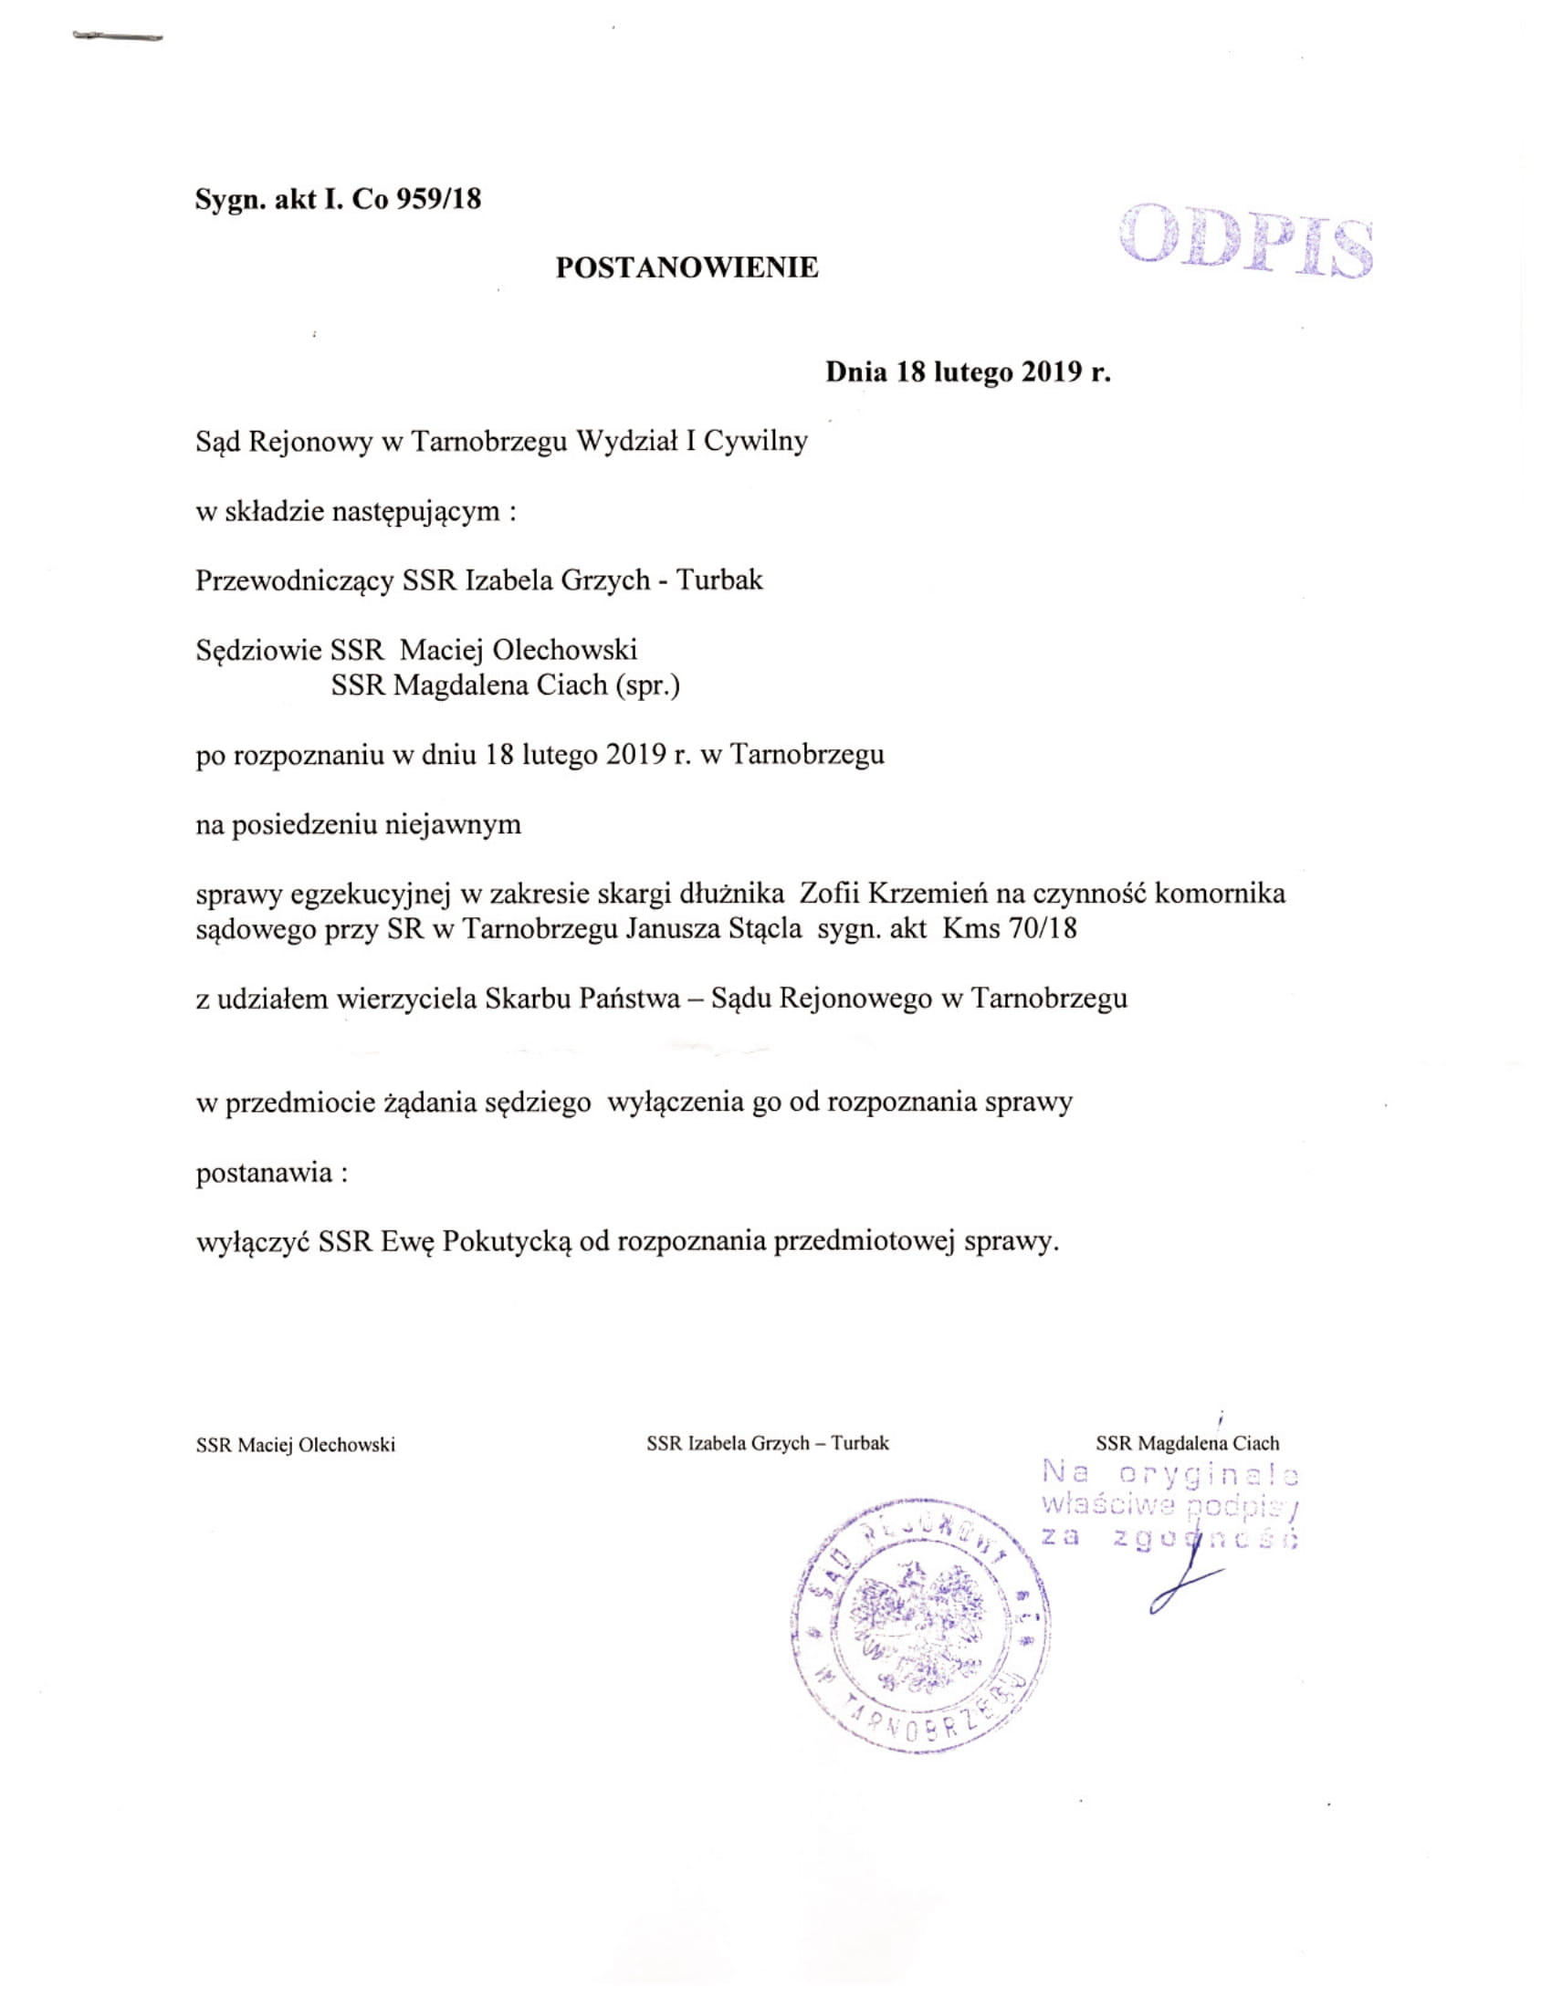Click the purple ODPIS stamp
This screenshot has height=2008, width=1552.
[1246, 243]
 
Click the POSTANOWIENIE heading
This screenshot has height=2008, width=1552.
[687, 267]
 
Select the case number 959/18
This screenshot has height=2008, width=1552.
[437, 200]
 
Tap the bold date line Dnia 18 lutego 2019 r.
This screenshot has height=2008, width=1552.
[967, 372]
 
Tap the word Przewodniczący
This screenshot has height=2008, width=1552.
[295, 581]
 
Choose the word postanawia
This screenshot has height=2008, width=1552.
[264, 1172]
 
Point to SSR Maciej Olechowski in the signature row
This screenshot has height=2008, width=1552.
[295, 1445]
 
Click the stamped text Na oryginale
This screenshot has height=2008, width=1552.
[1170, 1474]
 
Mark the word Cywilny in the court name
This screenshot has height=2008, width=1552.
[756, 442]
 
